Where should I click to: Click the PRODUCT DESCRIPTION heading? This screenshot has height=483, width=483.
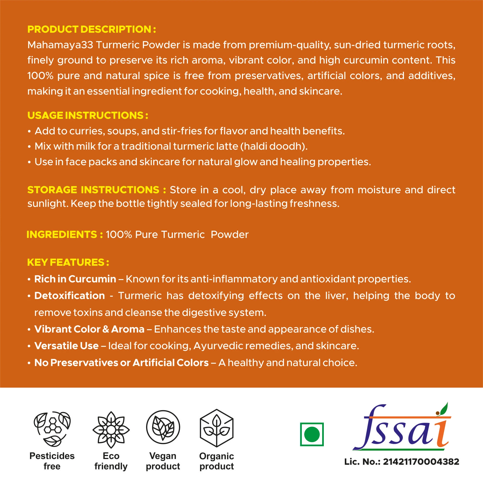tap(92, 29)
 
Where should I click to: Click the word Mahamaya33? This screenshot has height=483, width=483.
tap(60, 45)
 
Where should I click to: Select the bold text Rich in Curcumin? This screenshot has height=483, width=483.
tap(75, 279)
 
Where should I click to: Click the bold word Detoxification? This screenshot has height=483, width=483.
tap(70, 296)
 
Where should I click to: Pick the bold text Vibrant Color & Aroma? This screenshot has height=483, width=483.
tap(89, 329)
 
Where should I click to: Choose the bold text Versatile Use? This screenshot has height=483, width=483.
tap(67, 346)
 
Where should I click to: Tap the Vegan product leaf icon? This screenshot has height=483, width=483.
tap(163, 427)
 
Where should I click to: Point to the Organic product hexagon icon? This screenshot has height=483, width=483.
tap(217, 428)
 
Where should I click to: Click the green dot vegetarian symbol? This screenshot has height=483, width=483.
tap(312, 434)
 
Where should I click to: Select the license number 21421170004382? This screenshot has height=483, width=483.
tap(421, 461)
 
